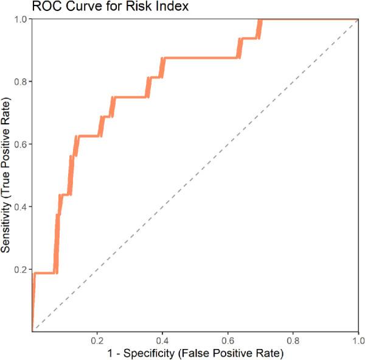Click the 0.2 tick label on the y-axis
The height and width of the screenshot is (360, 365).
pos(20,269)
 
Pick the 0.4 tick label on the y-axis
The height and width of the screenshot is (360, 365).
pos(20,206)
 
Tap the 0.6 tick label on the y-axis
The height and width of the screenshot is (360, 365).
pos(20,144)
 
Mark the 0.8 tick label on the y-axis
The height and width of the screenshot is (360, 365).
pos(20,82)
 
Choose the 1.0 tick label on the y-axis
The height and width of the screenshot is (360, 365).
pos(20,19)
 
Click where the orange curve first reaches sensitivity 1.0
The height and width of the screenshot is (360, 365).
pos(260,19)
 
